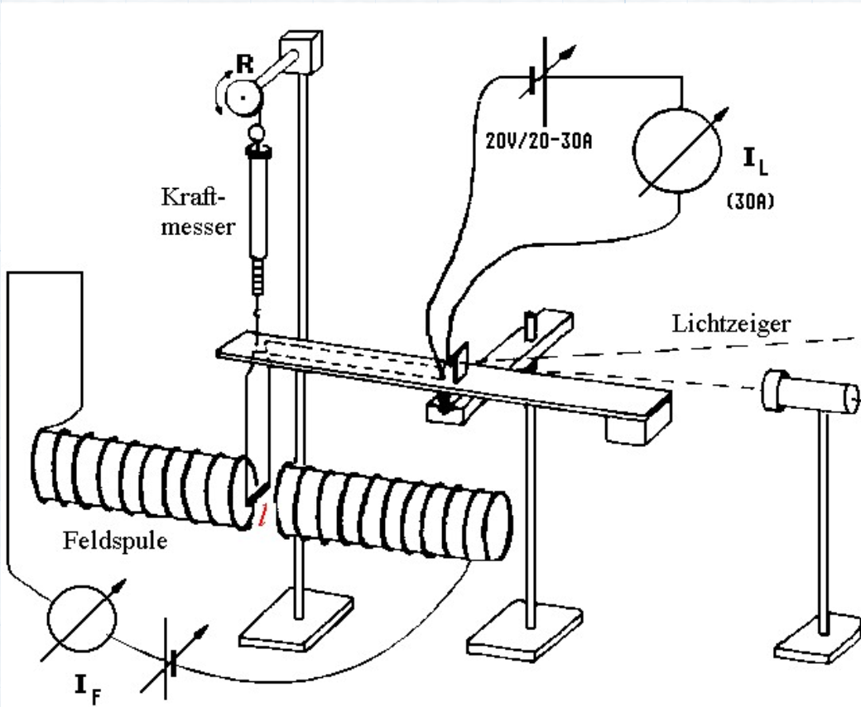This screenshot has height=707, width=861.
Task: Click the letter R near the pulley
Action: [245, 65]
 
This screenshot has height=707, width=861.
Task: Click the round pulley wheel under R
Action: [243, 98]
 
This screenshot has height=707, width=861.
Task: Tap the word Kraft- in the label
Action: [193, 196]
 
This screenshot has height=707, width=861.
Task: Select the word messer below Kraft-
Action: [198, 227]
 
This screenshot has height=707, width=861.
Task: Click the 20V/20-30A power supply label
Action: [539, 141]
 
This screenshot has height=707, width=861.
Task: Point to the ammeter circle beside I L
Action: [676, 151]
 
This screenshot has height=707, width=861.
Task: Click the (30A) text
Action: [750, 201]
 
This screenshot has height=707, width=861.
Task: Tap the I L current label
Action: [756, 161]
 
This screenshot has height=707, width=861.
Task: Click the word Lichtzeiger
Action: [731, 324]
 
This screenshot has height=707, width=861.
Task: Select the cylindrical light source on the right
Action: [810, 392]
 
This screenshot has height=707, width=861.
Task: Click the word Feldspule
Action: [115, 541]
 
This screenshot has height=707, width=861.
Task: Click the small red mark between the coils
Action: [263, 515]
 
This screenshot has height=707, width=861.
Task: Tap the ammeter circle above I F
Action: [82, 618]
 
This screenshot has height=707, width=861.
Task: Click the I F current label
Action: [88, 690]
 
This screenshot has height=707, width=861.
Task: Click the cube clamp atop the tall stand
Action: [301, 51]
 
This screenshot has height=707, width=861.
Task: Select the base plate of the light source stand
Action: [818, 639]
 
